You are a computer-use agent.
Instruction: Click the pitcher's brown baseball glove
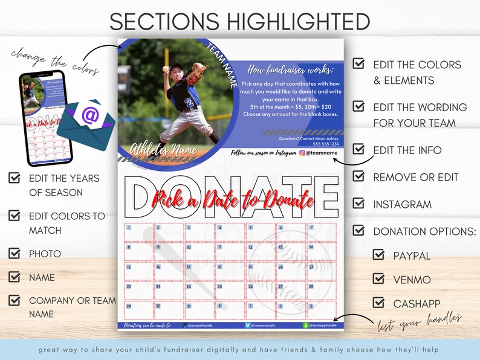click(195, 75)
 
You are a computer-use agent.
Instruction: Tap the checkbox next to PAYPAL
click(378, 255)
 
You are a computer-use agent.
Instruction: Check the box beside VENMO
click(378, 278)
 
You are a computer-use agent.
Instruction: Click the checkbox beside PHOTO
click(15, 253)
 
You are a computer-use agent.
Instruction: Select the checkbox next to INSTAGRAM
click(359, 204)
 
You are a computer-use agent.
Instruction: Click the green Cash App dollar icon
click(306, 325)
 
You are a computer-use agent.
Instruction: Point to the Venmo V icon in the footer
click(248, 325)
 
